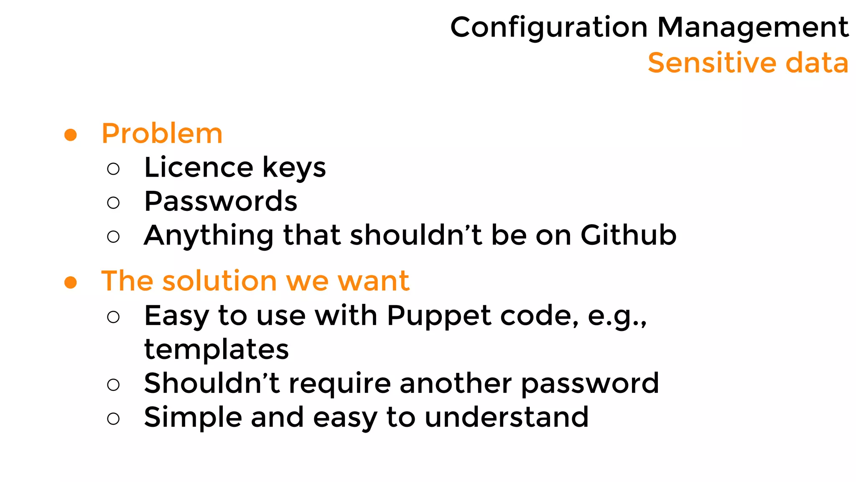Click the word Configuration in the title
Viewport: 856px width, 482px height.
click(549, 28)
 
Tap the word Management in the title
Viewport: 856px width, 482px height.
click(753, 28)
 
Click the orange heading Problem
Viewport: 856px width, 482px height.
click(162, 134)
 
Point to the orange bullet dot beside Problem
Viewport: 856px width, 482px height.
click(71, 135)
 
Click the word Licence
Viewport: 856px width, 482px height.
click(199, 167)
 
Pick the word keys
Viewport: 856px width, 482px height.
click(294, 168)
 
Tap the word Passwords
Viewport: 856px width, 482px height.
click(221, 201)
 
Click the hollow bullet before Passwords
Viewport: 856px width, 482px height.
click(113, 203)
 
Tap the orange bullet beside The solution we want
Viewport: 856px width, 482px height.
click(71, 282)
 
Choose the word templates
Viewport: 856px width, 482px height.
click(217, 349)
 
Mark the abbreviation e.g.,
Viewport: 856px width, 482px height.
click(617, 316)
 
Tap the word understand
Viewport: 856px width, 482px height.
click(507, 417)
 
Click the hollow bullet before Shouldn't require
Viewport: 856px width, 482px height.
click(113, 385)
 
